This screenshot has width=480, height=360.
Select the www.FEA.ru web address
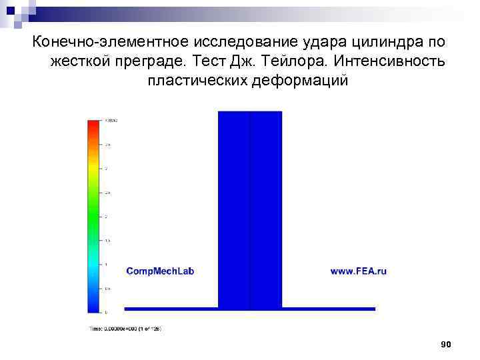[359, 271]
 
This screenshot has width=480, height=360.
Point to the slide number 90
[447, 344]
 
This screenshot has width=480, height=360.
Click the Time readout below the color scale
[125, 328]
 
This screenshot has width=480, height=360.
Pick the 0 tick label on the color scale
[105, 312]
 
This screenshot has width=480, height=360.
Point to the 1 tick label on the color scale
[105, 265]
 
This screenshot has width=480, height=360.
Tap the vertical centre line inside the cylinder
[250, 200]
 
